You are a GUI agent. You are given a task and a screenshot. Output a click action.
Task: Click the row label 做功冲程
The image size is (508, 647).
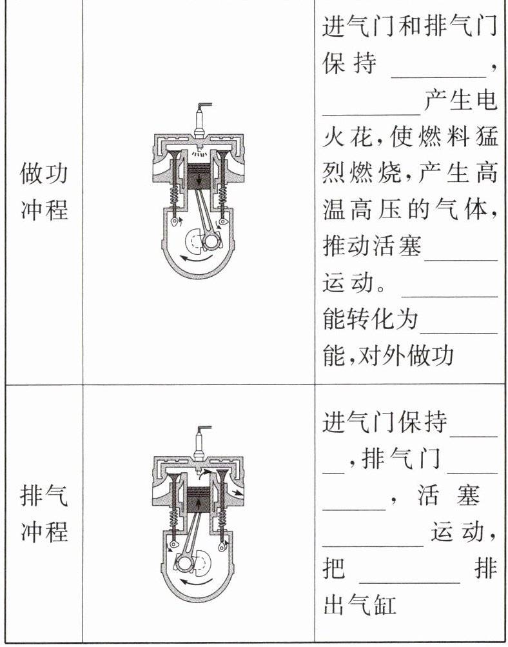click(x=44, y=192)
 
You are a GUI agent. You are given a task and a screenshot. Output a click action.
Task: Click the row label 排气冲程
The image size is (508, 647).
click(x=44, y=514)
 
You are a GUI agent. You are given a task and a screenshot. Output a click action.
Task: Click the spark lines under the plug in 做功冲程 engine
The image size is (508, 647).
click(x=201, y=155)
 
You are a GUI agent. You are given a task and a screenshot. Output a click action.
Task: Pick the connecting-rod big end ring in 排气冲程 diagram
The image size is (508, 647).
click(x=184, y=562)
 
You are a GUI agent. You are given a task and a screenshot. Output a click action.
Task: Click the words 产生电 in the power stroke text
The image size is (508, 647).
click(x=461, y=101)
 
